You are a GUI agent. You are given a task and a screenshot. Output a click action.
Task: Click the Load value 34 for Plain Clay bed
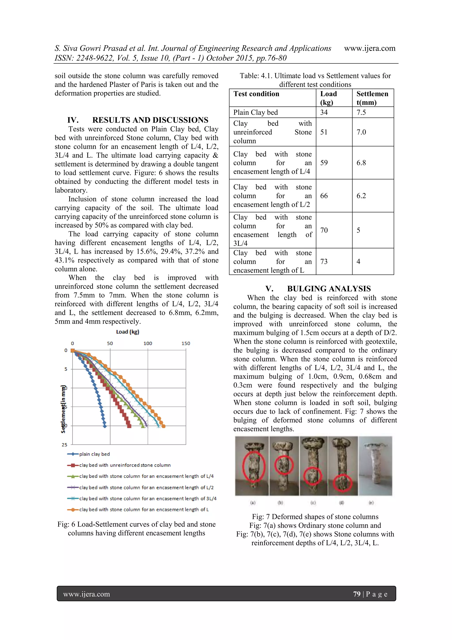point(324,112)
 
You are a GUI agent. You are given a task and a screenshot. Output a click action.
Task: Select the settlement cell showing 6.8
point(361,163)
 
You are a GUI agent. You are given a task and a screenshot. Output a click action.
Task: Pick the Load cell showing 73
point(324,262)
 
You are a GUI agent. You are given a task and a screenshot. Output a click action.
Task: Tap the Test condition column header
point(256,94)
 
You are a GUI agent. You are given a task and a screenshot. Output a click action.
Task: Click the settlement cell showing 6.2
point(361,196)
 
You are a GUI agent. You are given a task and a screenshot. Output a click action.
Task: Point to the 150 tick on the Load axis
point(186,343)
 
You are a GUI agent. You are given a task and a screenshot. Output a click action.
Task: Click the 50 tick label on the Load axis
point(110,343)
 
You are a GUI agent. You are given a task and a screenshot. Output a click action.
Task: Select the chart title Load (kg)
point(128,332)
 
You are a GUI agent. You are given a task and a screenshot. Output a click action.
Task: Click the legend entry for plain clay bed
point(94,454)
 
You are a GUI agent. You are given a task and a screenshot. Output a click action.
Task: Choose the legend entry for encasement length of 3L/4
point(148,498)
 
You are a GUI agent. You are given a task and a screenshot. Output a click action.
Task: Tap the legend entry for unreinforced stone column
point(125,465)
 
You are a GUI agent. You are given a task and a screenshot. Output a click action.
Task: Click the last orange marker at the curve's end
point(164,426)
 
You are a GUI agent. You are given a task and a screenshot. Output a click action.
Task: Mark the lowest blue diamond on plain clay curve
point(105,426)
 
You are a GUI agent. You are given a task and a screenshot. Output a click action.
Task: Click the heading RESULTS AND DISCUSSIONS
point(150,120)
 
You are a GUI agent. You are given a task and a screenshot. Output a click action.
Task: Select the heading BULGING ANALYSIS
point(329,289)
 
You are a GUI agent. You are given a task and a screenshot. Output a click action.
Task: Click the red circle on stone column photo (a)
point(252,465)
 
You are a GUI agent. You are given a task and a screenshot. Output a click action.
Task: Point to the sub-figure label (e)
point(371,503)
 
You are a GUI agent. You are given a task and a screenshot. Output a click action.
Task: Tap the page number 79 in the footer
point(357,594)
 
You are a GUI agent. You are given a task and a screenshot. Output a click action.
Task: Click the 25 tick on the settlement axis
point(65,445)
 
